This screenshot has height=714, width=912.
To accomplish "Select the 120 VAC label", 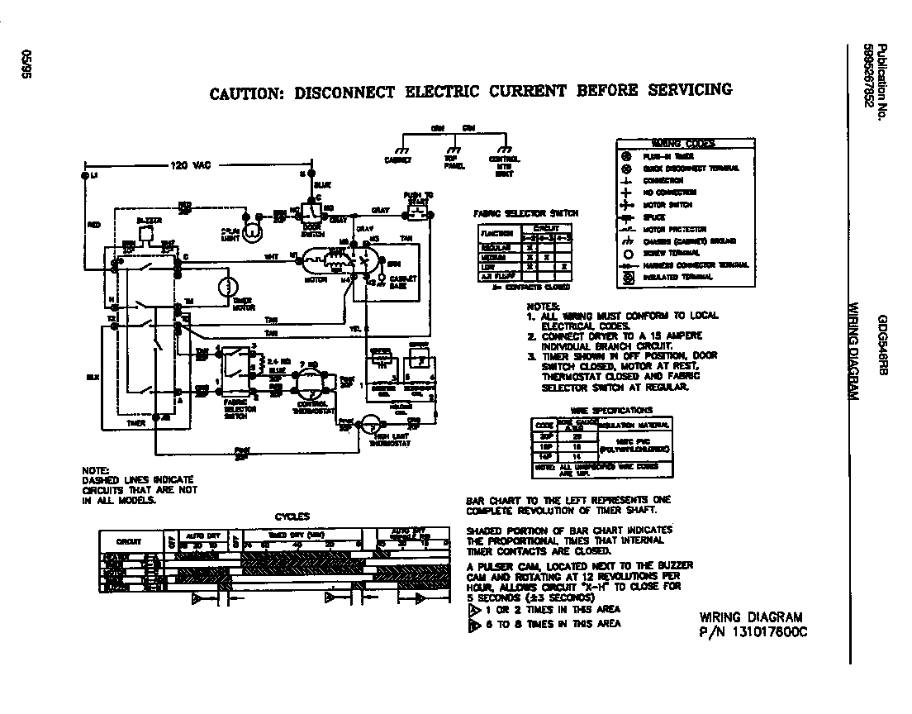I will click(190, 165).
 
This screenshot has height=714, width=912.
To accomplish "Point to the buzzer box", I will click(148, 233).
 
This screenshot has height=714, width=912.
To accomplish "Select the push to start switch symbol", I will click(417, 213).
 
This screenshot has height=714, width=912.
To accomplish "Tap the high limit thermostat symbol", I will click(374, 427).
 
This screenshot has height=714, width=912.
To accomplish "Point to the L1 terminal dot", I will click(84, 177).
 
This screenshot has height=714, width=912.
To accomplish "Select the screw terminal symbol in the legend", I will click(625, 253).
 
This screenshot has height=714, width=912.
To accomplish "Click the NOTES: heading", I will click(543, 306).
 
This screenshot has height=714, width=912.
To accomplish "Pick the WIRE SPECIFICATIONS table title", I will click(611, 410).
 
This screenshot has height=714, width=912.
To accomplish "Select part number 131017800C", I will click(753, 632).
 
